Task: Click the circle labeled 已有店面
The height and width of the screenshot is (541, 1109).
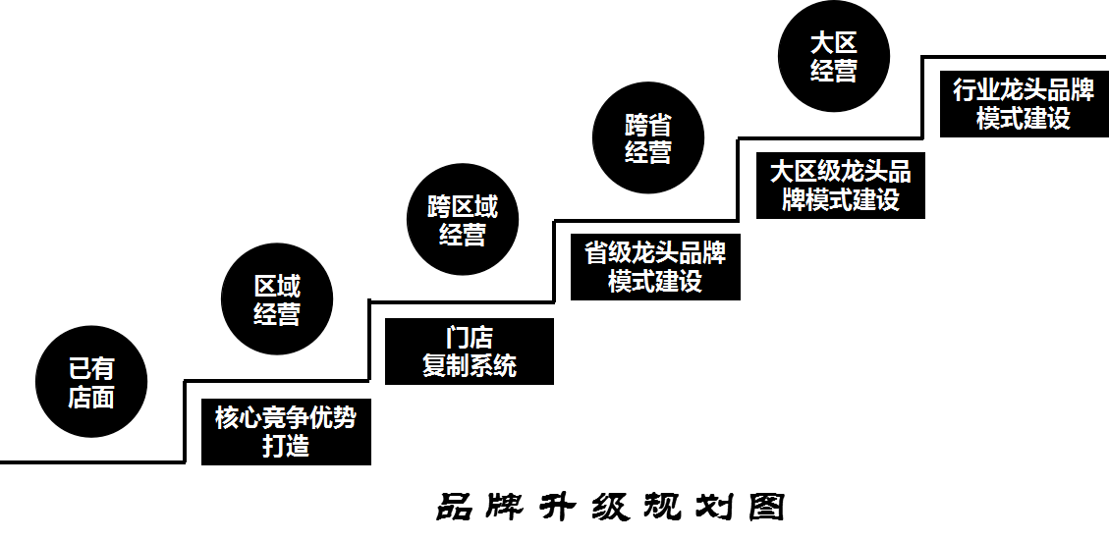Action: click(90, 382)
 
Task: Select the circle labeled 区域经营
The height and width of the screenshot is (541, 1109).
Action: click(277, 299)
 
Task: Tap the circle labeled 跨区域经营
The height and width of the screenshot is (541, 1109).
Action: click(462, 219)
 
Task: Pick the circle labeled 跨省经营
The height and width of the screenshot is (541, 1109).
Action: click(648, 138)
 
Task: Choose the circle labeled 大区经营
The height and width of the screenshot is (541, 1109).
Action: click(833, 56)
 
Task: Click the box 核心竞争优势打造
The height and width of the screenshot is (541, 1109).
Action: click(286, 432)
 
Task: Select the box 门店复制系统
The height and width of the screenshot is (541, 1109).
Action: click(470, 352)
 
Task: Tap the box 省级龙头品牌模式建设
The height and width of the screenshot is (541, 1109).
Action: click(655, 266)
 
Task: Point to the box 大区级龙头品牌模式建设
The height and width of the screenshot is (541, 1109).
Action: click(841, 185)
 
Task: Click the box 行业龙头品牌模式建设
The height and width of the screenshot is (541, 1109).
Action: click(1024, 103)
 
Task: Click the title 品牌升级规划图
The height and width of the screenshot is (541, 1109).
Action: click(610, 507)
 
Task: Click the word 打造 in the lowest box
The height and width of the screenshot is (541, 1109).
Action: click(286, 446)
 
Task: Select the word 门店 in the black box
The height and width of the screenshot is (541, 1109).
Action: click(470, 338)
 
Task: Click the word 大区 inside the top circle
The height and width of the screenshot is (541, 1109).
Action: click(833, 42)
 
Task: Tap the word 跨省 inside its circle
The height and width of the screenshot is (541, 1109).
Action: click(648, 125)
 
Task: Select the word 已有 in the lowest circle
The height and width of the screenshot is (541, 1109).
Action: click(90, 368)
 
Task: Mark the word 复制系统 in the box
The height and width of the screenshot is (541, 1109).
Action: click(470, 366)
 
